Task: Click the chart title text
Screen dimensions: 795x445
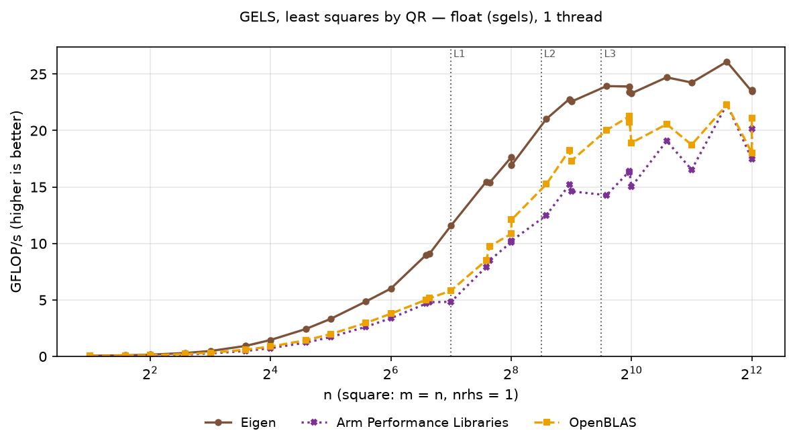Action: click(421, 17)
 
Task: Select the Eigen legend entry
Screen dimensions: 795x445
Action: click(240, 423)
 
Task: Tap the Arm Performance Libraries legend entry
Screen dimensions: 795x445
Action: click(405, 423)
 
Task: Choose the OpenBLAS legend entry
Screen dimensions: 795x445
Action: click(585, 423)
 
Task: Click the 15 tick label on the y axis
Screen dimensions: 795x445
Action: click(41, 187)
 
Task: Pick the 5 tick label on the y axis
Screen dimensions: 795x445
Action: click(45, 301)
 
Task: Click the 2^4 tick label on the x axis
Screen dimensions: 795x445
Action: click(270, 373)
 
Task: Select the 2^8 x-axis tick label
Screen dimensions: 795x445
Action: click(511, 373)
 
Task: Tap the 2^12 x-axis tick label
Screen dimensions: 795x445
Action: click(752, 373)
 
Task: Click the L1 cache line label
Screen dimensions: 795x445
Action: click(459, 54)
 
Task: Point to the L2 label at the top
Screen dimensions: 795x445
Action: click(549, 54)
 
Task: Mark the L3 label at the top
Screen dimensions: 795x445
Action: click(610, 54)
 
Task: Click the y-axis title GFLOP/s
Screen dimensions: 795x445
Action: click(17, 201)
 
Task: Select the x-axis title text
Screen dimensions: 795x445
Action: click(421, 395)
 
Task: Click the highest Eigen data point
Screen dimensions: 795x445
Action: click(727, 62)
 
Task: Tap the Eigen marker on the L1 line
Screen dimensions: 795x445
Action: click(451, 226)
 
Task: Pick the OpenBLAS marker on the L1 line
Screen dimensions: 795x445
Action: click(451, 291)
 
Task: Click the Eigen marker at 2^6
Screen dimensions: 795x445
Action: click(391, 289)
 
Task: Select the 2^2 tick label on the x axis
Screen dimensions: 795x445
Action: click(150, 373)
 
